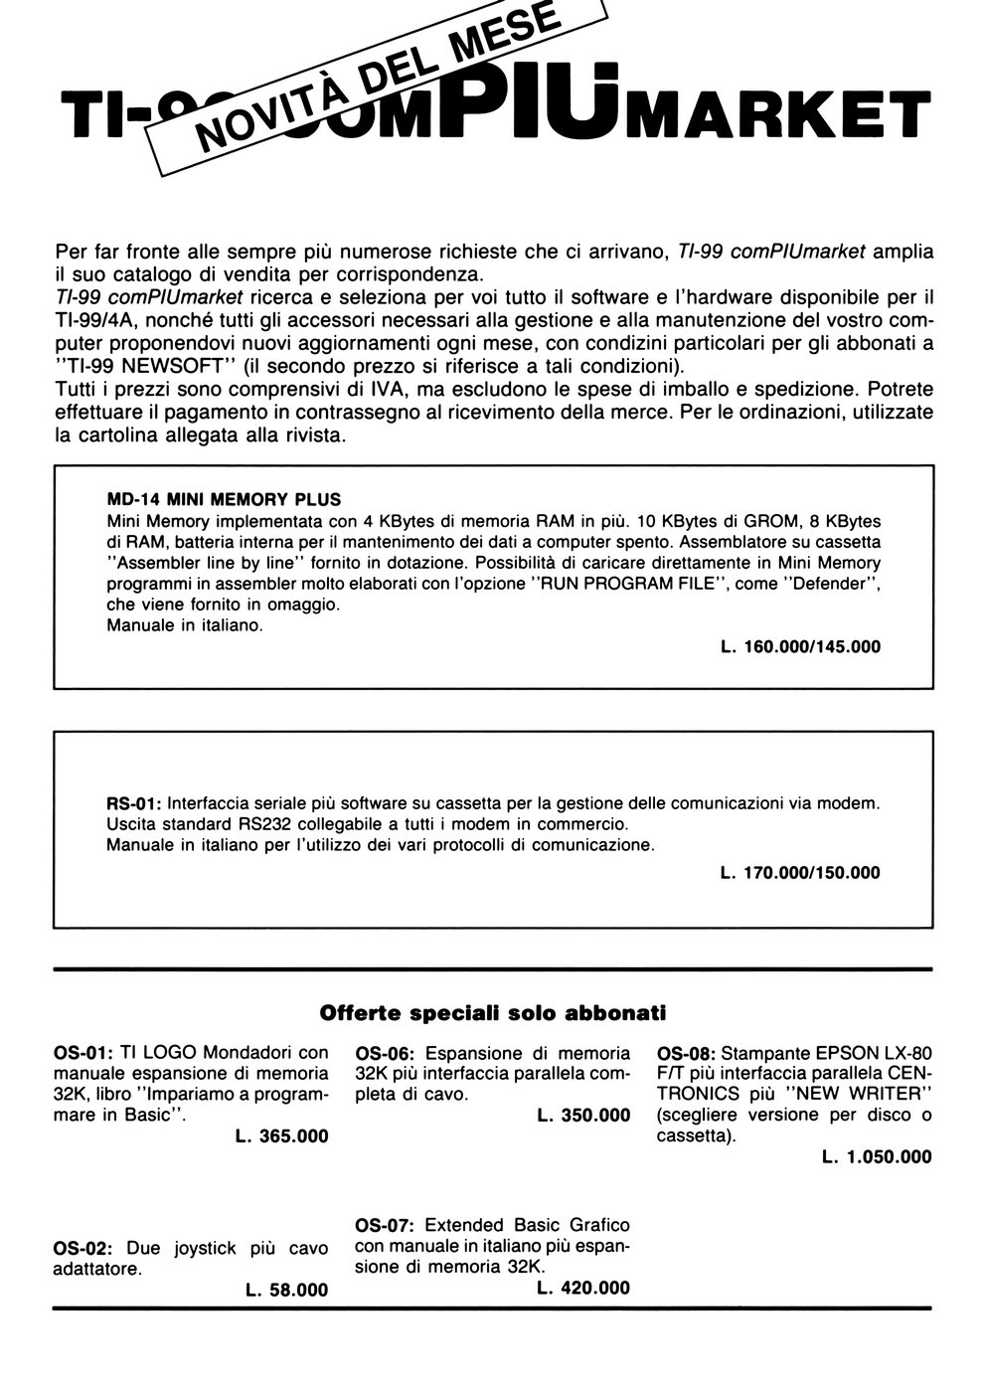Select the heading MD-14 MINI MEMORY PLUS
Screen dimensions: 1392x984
click(224, 500)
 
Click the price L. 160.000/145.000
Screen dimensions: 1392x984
click(800, 646)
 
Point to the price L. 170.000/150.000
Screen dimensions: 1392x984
click(800, 873)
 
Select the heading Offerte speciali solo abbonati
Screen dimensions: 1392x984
click(492, 1013)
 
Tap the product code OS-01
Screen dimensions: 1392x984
click(82, 1052)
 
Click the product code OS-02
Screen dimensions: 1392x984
click(82, 1248)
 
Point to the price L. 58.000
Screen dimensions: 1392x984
click(286, 1290)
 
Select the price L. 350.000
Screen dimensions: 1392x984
click(583, 1116)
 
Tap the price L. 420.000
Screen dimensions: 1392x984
click(583, 1288)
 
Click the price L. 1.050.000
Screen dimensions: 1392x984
click(878, 1156)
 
